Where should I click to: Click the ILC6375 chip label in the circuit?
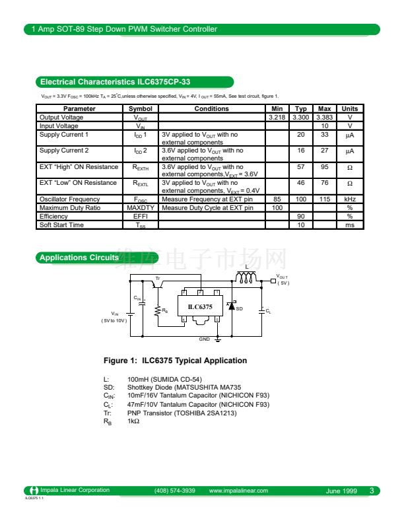pos(200,306)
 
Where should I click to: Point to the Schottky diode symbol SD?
pos(232,307)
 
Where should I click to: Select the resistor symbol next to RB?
pos(157,310)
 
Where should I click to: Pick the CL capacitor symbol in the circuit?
pos(261,310)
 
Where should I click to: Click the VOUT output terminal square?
pos(273,281)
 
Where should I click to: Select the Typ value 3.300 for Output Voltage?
pos(300,117)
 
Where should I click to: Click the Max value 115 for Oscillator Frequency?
pos(324,199)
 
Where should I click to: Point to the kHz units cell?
pos(350,199)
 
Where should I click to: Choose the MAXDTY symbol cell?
pos(140,207)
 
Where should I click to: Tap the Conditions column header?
pos(211,108)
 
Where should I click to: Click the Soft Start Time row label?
pos(62,225)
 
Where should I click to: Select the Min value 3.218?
pos(277,117)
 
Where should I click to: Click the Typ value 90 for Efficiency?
pos(300,216)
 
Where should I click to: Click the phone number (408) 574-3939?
pos(175,491)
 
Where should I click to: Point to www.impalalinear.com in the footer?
pos(238,491)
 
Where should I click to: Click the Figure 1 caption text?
pos(176,361)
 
